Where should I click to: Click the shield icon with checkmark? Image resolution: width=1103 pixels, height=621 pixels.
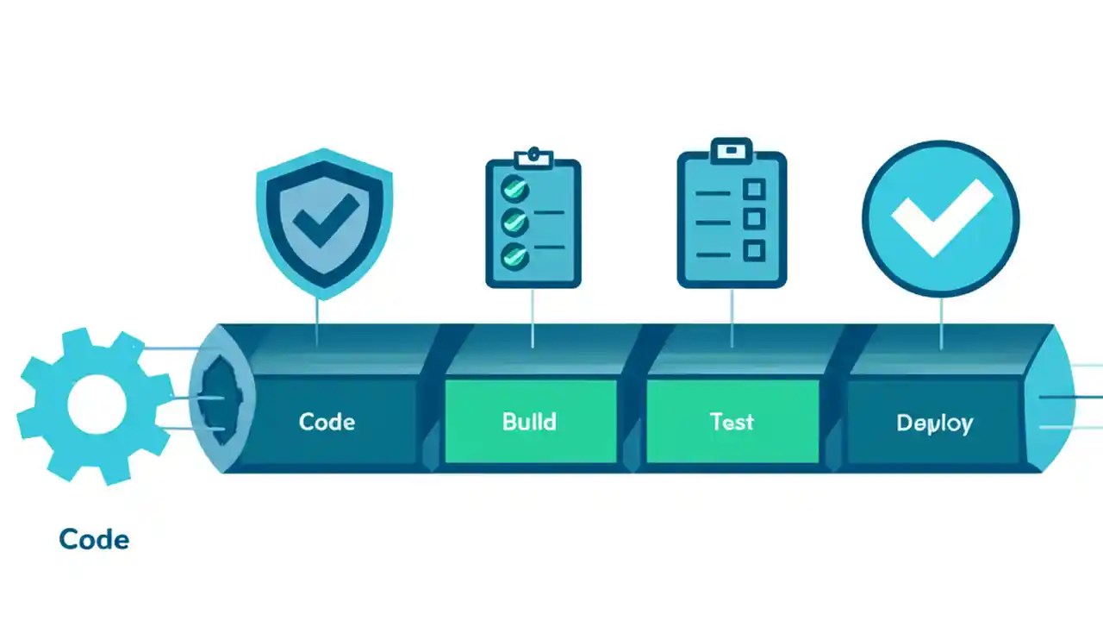(324, 220)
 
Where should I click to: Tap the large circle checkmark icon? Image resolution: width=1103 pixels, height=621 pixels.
(940, 217)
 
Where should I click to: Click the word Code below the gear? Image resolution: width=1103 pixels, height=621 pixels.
(94, 540)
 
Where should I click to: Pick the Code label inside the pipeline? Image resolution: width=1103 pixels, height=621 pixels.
(327, 422)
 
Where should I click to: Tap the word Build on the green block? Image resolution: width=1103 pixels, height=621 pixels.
(529, 422)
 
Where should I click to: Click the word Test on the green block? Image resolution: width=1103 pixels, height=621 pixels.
(732, 422)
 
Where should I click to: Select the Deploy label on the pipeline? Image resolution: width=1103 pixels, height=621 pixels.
(934, 423)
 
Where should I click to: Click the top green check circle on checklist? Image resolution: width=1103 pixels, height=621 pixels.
(515, 187)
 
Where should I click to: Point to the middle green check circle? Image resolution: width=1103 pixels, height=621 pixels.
(515, 221)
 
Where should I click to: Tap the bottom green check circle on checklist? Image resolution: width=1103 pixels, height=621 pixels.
(515, 254)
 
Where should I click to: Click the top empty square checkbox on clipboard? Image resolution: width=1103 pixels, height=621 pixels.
(754, 189)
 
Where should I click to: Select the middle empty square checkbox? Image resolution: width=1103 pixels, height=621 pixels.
(754, 220)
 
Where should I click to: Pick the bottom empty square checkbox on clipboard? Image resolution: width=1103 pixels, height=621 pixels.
(754, 251)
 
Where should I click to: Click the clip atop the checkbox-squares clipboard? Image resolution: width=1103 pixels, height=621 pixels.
(732, 150)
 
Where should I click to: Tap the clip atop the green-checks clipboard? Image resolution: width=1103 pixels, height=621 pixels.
(533, 157)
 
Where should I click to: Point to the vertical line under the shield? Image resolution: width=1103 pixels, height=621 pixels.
(317, 321)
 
